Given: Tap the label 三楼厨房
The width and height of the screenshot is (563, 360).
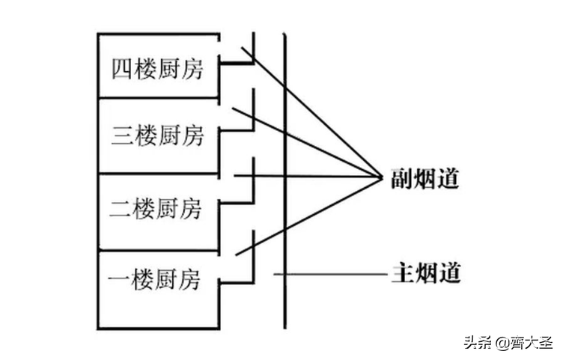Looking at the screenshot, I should tap(156, 137).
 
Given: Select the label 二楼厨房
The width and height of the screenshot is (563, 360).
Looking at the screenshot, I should tap(156, 207).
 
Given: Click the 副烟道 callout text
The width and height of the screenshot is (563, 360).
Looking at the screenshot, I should tap(424, 179).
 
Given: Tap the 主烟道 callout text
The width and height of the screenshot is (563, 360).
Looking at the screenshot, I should tap(425, 272).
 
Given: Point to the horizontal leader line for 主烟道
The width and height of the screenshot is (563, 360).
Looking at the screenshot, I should tap(329, 275).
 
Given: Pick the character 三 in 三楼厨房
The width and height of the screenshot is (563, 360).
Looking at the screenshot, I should tap(122, 137).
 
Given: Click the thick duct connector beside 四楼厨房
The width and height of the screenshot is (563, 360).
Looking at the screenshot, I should tap(237, 64).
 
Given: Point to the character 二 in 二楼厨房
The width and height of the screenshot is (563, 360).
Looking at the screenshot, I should tap(122, 207).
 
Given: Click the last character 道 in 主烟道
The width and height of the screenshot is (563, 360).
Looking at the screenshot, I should tap(449, 272).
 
